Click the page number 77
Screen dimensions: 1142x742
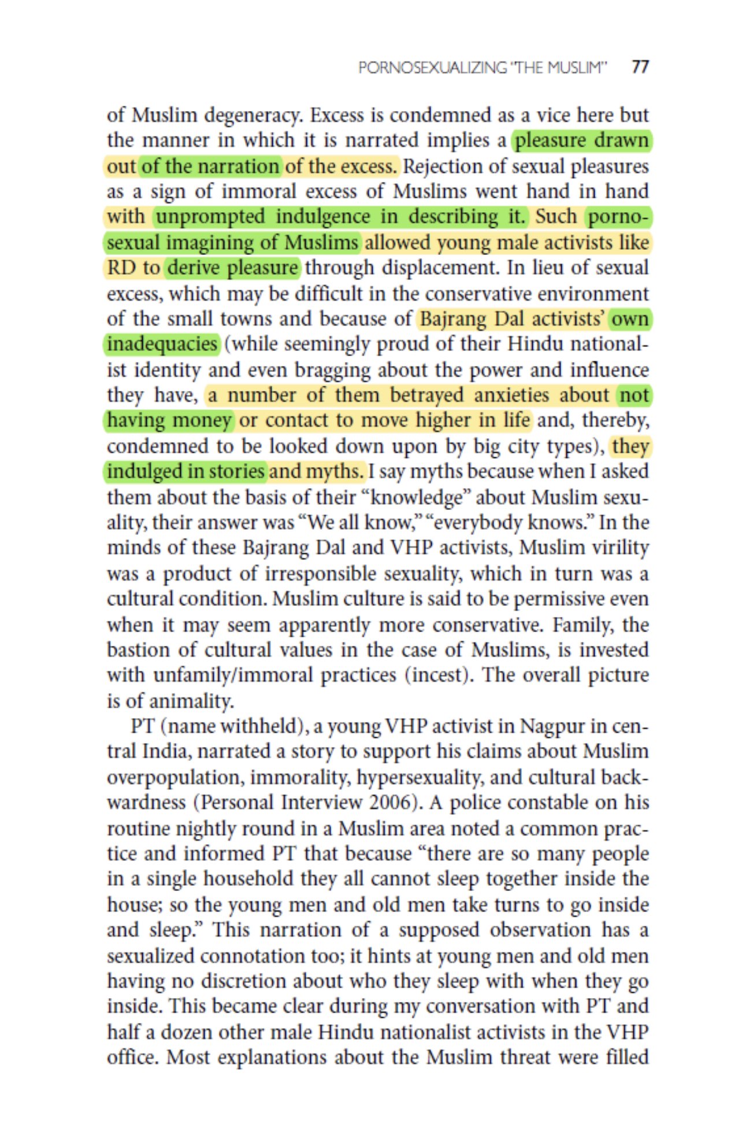[x=640, y=67]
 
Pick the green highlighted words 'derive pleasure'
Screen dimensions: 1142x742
[x=232, y=268]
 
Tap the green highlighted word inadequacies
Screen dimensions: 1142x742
[x=162, y=344]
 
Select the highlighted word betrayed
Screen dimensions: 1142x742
[x=426, y=395]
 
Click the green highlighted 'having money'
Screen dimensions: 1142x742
[x=169, y=420]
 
